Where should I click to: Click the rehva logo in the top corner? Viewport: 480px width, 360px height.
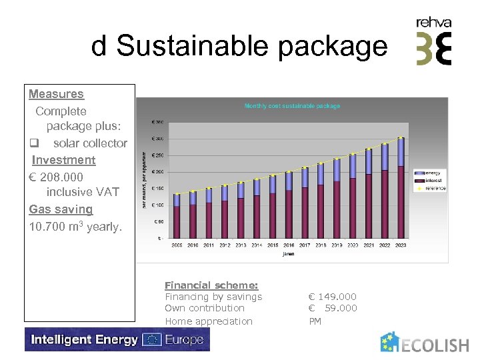[433, 41]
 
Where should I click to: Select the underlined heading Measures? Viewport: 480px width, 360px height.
[56, 94]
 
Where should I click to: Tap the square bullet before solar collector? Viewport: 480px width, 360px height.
[35, 143]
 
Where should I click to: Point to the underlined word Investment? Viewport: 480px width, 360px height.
[63, 160]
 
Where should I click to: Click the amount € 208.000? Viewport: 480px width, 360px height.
[56, 177]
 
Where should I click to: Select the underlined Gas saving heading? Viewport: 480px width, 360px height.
[61, 209]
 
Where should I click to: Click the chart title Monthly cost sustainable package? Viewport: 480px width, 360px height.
[292, 106]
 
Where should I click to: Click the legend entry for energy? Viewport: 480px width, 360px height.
[431, 173]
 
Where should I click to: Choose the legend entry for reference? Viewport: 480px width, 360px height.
[434, 189]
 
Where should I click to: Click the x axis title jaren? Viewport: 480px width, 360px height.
[288, 253]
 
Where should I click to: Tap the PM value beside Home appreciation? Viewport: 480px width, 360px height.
[315, 321]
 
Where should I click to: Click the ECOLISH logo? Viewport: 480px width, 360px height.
[425, 343]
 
